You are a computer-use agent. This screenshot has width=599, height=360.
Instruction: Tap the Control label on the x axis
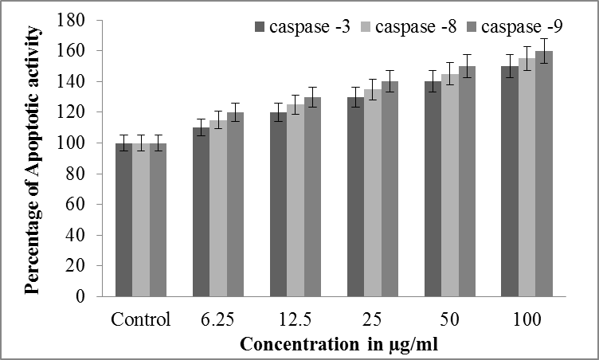coord(141,320)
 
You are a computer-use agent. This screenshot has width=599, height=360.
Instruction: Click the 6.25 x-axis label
coord(217,320)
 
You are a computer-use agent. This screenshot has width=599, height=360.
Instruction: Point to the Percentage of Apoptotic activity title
coord(33,158)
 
